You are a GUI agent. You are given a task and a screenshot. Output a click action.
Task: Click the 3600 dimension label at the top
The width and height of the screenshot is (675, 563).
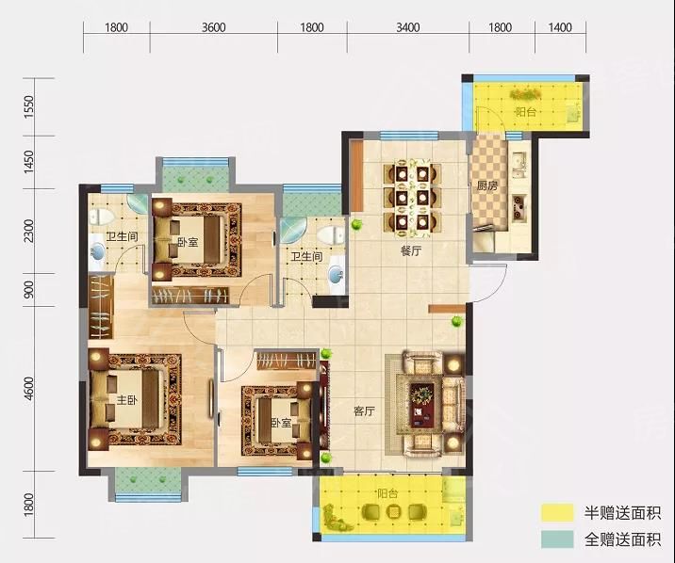click(x=213, y=27)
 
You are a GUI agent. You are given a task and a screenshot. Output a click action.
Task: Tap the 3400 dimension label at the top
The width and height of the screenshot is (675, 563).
click(x=407, y=27)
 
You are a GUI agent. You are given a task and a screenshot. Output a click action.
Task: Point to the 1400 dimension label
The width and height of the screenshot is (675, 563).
click(x=560, y=27)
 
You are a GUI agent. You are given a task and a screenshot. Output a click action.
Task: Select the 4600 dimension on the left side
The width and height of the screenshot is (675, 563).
click(x=28, y=389)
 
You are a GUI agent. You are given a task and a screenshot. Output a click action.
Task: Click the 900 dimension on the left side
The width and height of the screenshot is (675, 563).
click(x=28, y=290)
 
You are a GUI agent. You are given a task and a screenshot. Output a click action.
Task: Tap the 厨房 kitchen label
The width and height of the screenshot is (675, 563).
click(x=486, y=186)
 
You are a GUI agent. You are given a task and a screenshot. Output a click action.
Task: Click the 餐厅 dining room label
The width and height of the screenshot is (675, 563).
click(x=411, y=251)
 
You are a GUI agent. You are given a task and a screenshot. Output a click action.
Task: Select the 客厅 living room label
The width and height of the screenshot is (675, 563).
click(x=364, y=411)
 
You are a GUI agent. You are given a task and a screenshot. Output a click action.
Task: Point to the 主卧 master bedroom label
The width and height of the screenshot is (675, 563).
click(x=127, y=400)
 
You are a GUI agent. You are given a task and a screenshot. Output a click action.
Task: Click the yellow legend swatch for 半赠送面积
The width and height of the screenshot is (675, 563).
click(x=557, y=513)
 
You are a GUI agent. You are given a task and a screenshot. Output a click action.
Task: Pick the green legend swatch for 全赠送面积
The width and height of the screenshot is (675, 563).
click(x=557, y=539)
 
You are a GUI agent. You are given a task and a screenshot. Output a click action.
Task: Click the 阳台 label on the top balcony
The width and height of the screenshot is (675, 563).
click(x=526, y=113)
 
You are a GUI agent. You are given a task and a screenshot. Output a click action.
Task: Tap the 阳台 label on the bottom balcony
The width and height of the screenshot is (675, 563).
click(x=387, y=493)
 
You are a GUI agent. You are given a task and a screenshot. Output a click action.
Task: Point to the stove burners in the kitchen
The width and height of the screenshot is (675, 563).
click(x=519, y=208)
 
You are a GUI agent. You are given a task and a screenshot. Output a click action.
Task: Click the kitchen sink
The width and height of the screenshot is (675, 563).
click(x=519, y=165)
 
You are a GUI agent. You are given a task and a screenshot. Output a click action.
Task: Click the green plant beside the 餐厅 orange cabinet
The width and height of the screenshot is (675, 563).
click(x=356, y=224)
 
